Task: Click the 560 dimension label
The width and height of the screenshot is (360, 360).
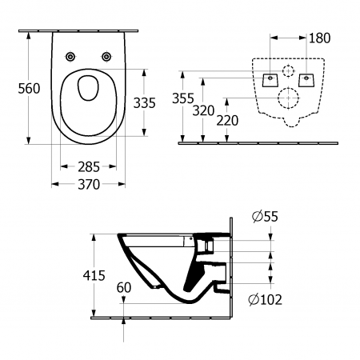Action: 29,89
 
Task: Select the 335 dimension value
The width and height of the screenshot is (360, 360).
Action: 144,103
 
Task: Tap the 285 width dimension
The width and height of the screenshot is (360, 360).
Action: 89,167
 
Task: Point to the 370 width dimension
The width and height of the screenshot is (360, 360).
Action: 89,184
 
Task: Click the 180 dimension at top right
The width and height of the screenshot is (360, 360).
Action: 319,38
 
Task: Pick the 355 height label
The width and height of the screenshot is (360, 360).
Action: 183,98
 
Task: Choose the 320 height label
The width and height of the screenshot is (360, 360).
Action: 203,110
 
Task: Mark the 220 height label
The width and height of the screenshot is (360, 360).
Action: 227,121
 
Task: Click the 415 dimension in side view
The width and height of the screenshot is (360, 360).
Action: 94,275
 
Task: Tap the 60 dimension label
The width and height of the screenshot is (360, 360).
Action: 124,287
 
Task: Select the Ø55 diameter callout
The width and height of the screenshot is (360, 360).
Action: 265,216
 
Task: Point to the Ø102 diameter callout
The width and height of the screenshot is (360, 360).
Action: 265,299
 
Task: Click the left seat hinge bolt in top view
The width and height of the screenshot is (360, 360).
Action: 70,56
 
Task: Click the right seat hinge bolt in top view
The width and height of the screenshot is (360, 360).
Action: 106,56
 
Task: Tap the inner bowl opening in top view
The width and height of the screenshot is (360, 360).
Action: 88,88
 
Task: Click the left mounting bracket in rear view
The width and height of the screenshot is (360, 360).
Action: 270,80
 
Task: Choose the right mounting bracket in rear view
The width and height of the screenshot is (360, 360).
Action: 306,80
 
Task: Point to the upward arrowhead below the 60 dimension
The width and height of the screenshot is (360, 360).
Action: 123,321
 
